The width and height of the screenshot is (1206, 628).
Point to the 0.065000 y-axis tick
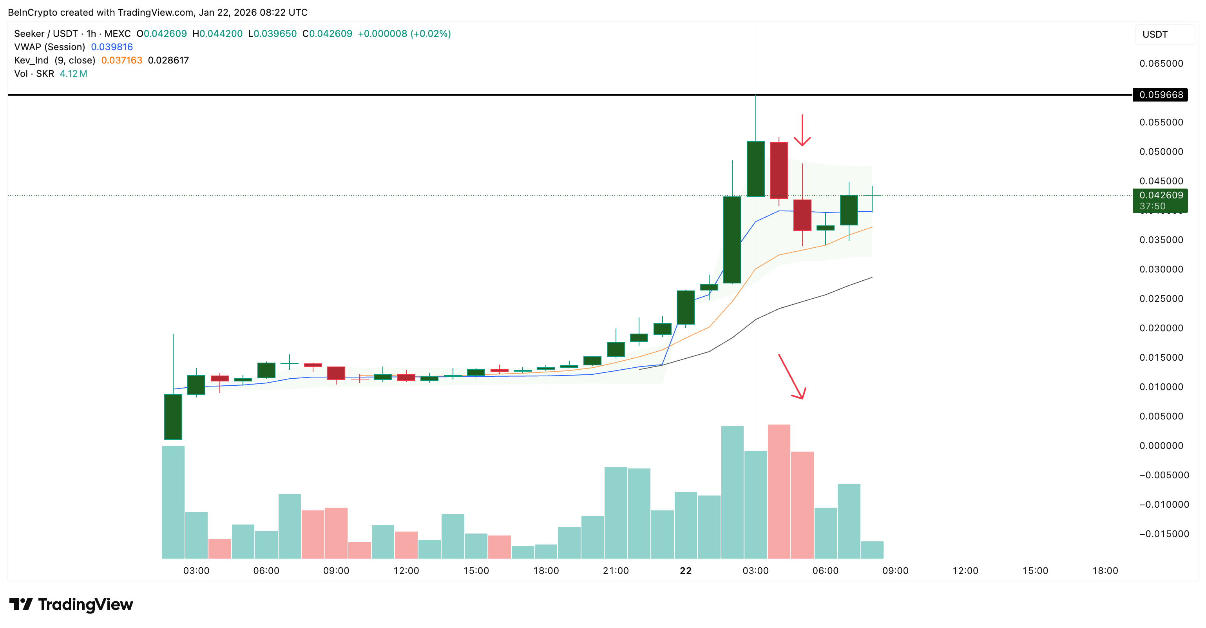pyautogui.click(x=1161, y=64)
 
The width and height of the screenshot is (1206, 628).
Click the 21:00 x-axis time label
pyautogui.click(x=616, y=570)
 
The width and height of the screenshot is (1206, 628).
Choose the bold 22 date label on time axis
pyautogui.click(x=685, y=570)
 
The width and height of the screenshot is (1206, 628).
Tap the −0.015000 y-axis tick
pyautogui.click(x=1163, y=534)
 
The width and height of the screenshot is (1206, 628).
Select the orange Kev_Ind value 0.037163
pyautogui.click(x=122, y=60)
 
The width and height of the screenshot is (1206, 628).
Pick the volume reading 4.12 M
pyautogui.click(x=74, y=74)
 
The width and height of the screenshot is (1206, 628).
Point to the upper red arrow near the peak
pyautogui.click(x=802, y=131)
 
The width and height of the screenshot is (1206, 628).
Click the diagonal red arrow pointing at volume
pyautogui.click(x=792, y=377)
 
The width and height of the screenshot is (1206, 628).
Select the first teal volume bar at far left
pyautogui.click(x=173, y=502)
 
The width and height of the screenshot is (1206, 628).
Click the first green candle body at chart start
pyautogui.click(x=173, y=417)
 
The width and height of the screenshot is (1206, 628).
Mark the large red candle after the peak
pyautogui.click(x=779, y=171)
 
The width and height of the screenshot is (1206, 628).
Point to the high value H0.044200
pyautogui.click(x=218, y=34)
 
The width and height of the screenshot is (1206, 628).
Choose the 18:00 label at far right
pyautogui.click(x=1105, y=570)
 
